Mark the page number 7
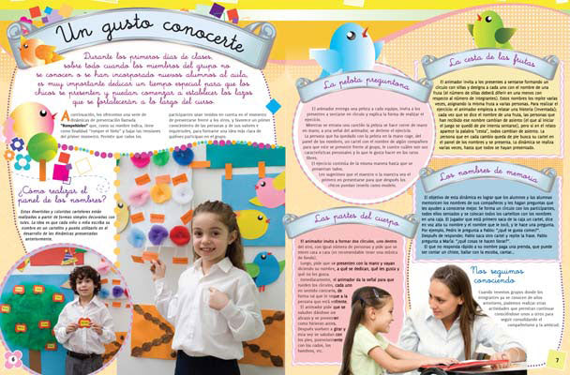click(555, 362)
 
